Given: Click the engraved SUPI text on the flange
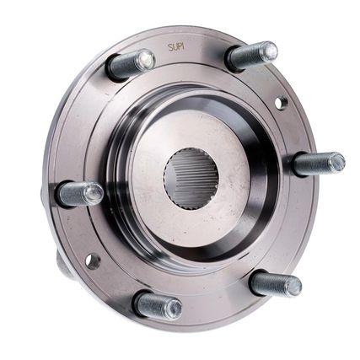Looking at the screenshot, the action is pos(176,47).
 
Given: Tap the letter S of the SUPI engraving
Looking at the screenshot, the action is pos(170,47).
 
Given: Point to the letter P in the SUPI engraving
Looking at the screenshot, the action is pos(179,46).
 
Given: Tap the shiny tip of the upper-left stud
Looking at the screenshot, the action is pos(147,60).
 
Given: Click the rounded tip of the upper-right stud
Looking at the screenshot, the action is pos(269,51).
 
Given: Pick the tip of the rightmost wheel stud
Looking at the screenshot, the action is pos(336,162).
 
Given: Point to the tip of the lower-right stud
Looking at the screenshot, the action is pos(293,286).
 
